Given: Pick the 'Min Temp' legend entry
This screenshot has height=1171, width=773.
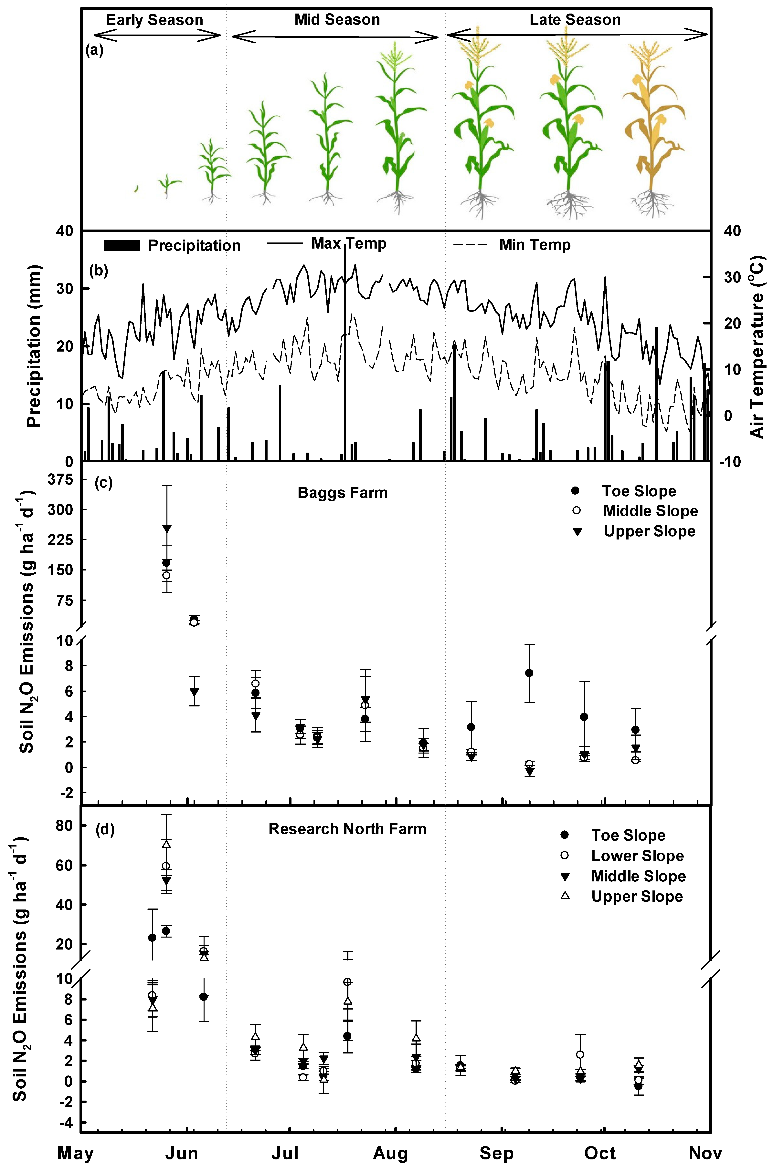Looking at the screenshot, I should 535,245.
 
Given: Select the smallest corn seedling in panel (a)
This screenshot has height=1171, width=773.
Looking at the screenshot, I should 136,189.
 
